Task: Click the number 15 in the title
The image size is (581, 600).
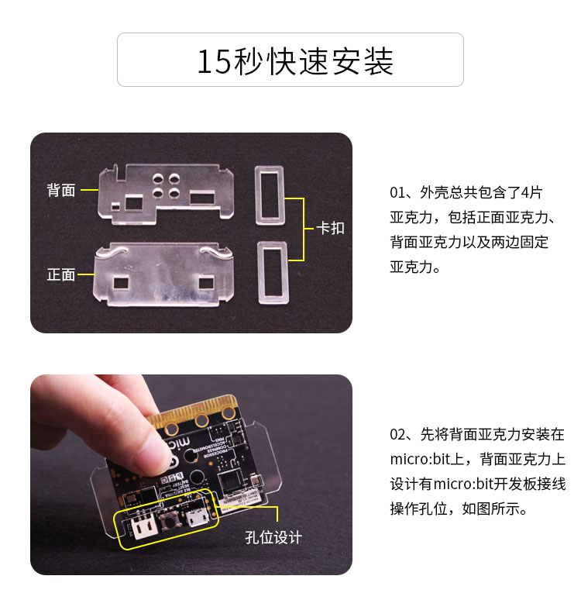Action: (x=213, y=61)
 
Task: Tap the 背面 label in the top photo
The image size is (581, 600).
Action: (x=61, y=190)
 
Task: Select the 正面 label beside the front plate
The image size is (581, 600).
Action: (x=61, y=274)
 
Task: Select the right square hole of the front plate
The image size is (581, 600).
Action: (x=207, y=280)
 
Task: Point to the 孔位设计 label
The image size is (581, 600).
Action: (x=274, y=537)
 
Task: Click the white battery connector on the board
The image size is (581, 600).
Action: (x=139, y=527)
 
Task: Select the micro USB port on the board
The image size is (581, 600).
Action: (x=194, y=517)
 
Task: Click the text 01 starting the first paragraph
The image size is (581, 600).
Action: (x=398, y=191)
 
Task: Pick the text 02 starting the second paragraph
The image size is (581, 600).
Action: (x=398, y=434)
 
